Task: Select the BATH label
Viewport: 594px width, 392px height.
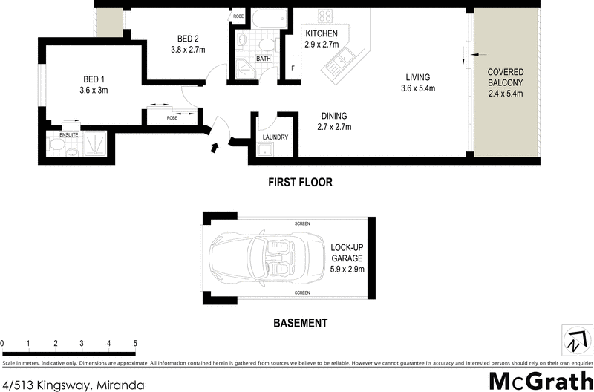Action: [263, 58]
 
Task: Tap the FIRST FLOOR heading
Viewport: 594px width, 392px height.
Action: [300, 182]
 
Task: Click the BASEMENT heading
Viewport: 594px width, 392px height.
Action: [300, 323]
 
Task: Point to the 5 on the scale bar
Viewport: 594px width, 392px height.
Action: [135, 344]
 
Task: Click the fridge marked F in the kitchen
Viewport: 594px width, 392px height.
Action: [293, 68]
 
